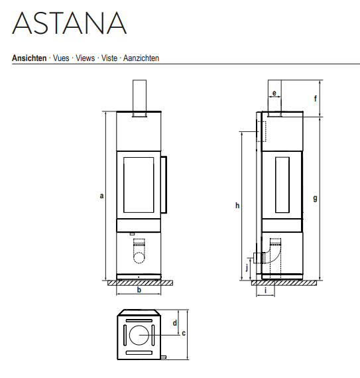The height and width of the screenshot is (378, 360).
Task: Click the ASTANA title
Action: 70,23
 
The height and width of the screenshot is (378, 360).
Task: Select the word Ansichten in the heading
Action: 29,58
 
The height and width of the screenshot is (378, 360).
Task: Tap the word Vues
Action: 61,58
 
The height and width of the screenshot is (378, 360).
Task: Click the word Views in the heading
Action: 86,58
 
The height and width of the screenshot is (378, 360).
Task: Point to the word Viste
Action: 109,58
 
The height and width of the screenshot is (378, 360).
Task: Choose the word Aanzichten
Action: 141,58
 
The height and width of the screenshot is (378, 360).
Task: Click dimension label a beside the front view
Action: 101,196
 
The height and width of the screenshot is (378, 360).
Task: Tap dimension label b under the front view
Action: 139,290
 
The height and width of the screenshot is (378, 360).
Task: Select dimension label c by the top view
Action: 184,333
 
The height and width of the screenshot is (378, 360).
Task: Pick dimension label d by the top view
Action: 175,322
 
